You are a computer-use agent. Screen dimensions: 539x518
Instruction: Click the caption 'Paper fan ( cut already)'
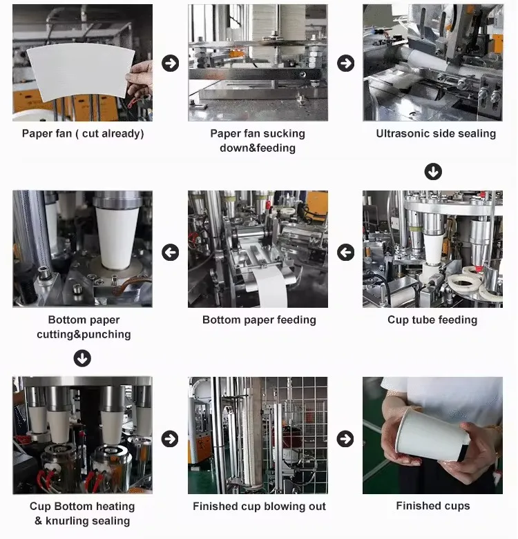tap(83, 134)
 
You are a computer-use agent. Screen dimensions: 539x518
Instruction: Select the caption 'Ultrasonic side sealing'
tap(436, 133)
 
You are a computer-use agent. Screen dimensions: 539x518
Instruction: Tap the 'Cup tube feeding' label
tap(432, 320)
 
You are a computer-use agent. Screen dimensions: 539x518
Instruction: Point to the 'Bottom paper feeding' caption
tap(259, 320)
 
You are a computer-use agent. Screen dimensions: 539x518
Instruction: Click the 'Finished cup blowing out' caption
tap(259, 507)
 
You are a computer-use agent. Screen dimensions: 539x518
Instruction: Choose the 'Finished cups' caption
tap(432, 506)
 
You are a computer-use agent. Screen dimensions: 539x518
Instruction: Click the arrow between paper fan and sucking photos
tap(170, 63)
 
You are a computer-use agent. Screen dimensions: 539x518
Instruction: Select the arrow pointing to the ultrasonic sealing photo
tap(345, 63)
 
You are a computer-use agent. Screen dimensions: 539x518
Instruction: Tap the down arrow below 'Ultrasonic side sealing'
tap(433, 171)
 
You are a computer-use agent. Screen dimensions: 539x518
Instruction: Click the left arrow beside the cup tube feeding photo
tap(345, 253)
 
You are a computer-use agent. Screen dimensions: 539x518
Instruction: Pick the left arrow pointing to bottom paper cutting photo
tap(170, 253)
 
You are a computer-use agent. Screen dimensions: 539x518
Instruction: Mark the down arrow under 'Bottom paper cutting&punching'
tap(82, 358)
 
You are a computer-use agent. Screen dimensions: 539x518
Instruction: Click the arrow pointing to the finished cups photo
tap(345, 438)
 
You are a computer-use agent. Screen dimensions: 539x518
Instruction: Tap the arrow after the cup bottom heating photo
tap(170, 438)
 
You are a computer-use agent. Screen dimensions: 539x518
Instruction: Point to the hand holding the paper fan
tap(141, 79)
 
